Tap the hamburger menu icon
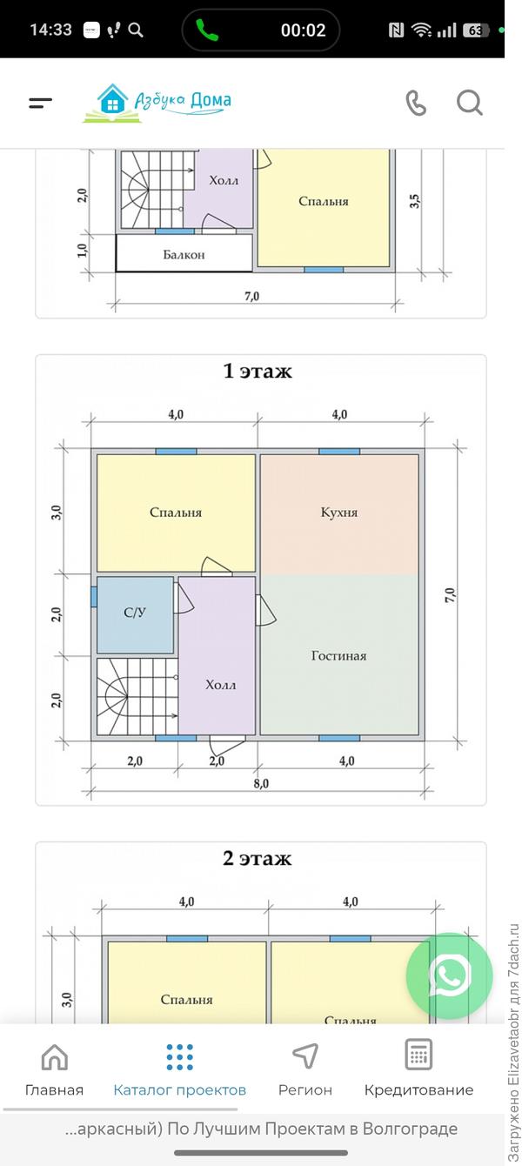pos(41,103)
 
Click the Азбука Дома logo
pos(157,103)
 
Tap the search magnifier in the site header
pos(470,103)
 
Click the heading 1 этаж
pos(258,371)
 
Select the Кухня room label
pos(339,513)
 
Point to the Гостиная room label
pos(338,655)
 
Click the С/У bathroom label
pos(135,613)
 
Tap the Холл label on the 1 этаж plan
pos(221,685)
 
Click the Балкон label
pos(184,255)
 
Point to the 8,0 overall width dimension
pos(261,783)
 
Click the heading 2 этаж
pos(258,858)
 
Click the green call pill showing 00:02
pos(261,30)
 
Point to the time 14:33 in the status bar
pos(50,30)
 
